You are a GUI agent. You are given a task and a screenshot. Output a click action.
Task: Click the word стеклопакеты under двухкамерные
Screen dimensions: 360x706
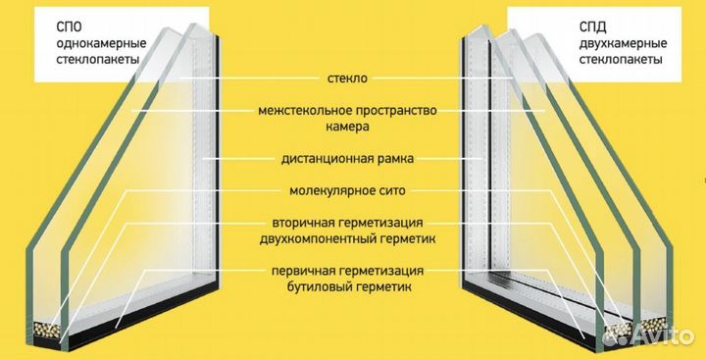[618, 60]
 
